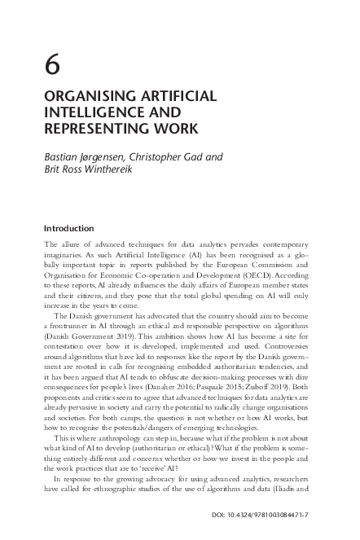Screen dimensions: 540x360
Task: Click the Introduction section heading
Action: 69,228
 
